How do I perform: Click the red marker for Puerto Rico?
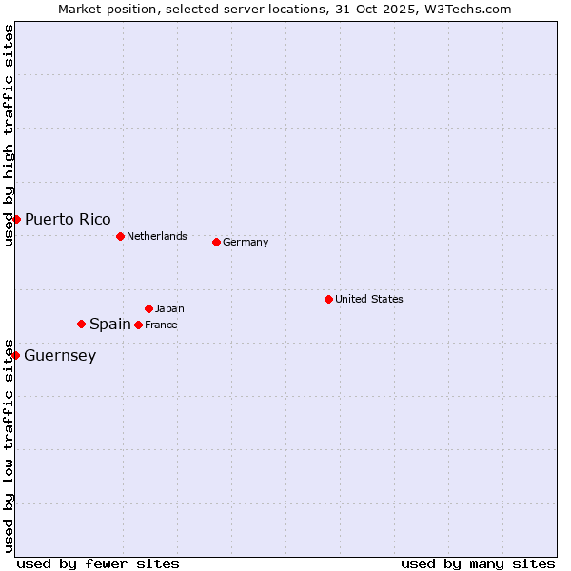16,219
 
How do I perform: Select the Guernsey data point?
15,355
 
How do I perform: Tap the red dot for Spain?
81,324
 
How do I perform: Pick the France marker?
138,325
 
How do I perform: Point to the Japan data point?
148,308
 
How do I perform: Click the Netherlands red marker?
120,236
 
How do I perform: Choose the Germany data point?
216,242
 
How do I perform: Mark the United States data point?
328,299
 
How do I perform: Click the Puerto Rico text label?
68,220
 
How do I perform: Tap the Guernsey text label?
60,356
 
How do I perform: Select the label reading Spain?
109,325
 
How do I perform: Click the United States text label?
369,299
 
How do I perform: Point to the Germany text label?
246,242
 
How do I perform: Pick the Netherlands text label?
157,236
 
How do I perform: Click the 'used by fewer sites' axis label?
98,563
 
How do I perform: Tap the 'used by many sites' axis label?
478,563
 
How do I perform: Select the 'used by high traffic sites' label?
10,135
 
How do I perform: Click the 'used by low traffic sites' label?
10,444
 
